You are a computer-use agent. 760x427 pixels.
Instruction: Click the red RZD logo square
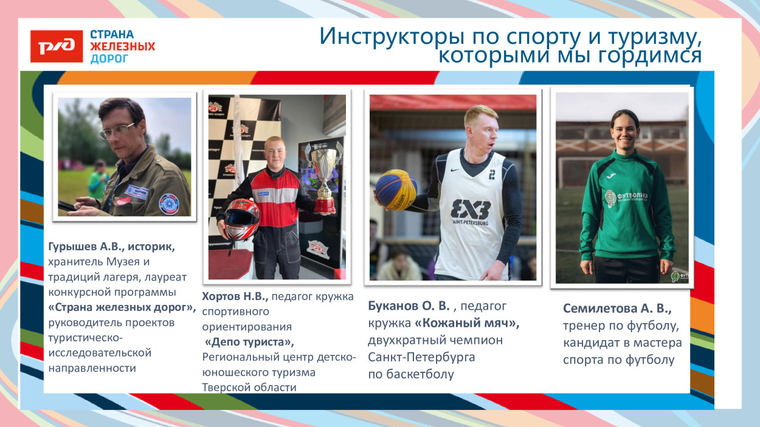[57, 47]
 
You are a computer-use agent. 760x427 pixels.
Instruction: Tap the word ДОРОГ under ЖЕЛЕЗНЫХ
[109, 59]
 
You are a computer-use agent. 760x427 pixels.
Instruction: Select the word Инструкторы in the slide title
[392, 36]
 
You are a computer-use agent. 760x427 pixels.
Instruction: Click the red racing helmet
[242, 218]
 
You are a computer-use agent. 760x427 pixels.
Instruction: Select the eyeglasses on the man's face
[117, 129]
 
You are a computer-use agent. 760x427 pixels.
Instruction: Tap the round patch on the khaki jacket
[169, 202]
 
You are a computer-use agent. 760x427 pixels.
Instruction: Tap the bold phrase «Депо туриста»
[249, 342]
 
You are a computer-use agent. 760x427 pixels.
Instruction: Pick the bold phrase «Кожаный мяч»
[467, 323]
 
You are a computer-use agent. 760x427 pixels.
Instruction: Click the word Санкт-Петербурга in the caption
[421, 357]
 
